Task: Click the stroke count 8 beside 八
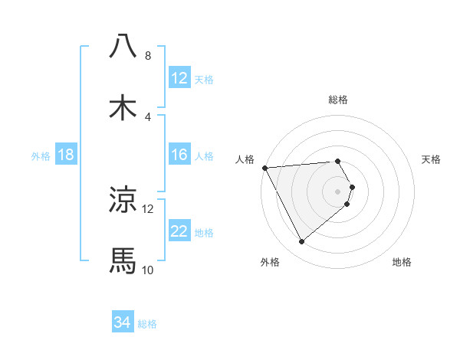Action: click(x=147, y=56)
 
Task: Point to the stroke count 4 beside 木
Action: click(x=147, y=117)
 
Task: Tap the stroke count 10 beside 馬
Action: click(x=147, y=270)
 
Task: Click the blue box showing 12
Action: click(x=179, y=78)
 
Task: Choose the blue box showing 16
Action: click(x=179, y=155)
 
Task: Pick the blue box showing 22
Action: click(x=179, y=231)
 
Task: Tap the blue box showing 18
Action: click(x=66, y=155)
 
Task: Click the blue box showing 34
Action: click(x=123, y=322)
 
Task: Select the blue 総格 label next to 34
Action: click(x=147, y=324)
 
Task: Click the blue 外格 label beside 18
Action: click(x=41, y=155)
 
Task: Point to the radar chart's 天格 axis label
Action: click(x=431, y=159)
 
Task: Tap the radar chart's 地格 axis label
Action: click(x=402, y=262)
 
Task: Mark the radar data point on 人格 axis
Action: click(x=264, y=168)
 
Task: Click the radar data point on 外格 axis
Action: click(x=301, y=242)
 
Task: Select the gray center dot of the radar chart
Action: click(x=338, y=190)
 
